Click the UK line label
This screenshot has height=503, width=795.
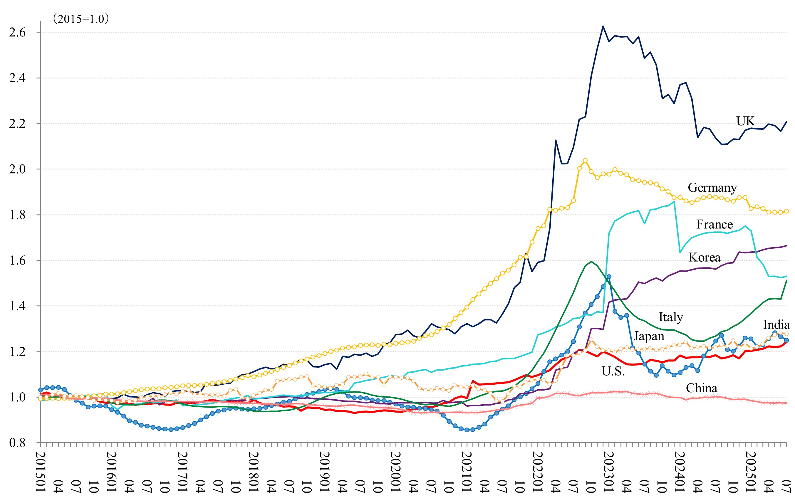click(x=745, y=121)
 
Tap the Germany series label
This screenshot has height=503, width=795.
click(x=712, y=187)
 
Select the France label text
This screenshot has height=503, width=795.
click(x=715, y=224)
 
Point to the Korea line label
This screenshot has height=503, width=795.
click(x=704, y=257)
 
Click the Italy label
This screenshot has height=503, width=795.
click(x=670, y=317)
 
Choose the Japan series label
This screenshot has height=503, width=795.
click(x=649, y=336)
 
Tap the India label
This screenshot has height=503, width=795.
click(x=776, y=324)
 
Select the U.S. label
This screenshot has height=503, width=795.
click(x=613, y=371)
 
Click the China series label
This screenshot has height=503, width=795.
click(x=702, y=388)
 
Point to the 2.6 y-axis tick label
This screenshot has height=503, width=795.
click(x=17, y=32)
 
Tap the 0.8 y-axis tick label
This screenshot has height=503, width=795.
click(x=17, y=443)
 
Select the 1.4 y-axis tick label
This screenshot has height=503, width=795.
click(x=17, y=306)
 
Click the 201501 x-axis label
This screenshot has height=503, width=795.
click(x=41, y=472)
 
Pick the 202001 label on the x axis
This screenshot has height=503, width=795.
click(x=396, y=472)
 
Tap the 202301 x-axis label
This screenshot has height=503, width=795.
click(x=609, y=472)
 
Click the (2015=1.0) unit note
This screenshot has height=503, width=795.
click(x=81, y=19)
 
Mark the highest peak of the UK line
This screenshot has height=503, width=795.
click(x=603, y=26)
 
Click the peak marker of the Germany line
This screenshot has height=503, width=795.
click(x=585, y=160)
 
